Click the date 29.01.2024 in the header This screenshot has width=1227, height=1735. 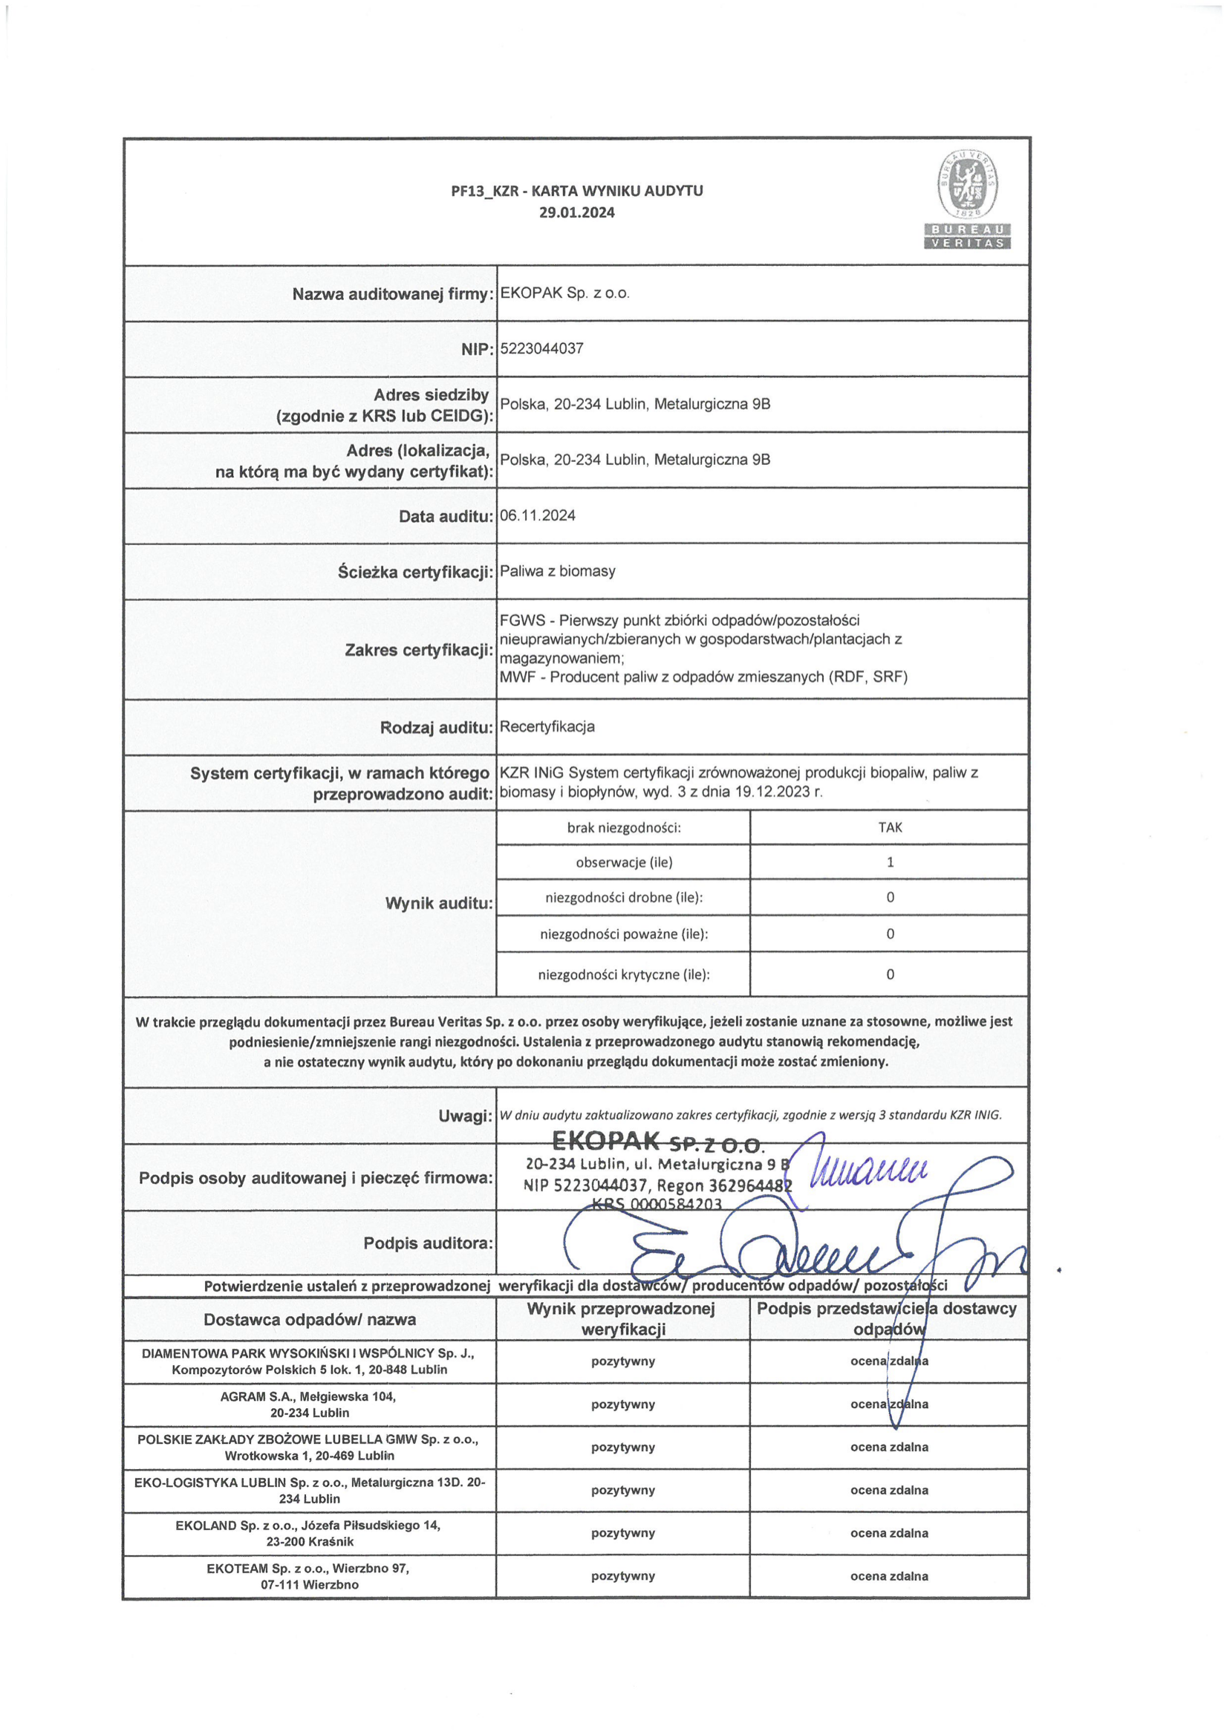pyautogui.click(x=576, y=212)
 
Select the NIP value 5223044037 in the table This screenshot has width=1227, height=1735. pyautogui.click(x=541, y=349)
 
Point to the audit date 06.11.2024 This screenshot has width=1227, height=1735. pyautogui.click(x=538, y=515)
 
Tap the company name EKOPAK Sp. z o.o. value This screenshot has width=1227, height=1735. pyautogui.click(x=564, y=293)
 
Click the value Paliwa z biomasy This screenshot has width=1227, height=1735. pyautogui.click(x=558, y=571)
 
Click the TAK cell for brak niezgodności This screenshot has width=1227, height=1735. pyautogui.click(x=889, y=827)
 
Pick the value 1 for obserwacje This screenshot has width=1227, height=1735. pyautogui.click(x=889, y=862)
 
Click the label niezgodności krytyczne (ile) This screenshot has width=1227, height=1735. pyautogui.click(x=623, y=974)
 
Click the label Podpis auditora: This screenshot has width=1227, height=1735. pyautogui.click(x=429, y=1243)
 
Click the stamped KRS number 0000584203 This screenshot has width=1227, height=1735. pyautogui.click(x=657, y=1205)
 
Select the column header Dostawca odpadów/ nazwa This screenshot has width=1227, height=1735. pyautogui.click(x=310, y=1319)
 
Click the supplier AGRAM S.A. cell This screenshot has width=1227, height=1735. pyautogui.click(x=310, y=1404)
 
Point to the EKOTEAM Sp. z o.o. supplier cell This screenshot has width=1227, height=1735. pyautogui.click(x=310, y=1576)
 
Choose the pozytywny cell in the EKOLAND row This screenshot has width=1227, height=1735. pyautogui.click(x=622, y=1533)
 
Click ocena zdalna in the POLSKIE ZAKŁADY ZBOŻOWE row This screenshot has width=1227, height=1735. pyautogui.click(x=889, y=1447)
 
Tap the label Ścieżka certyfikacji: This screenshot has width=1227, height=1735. pyautogui.click(x=415, y=572)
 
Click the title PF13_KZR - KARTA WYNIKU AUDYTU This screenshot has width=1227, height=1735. pyautogui.click(x=576, y=191)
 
